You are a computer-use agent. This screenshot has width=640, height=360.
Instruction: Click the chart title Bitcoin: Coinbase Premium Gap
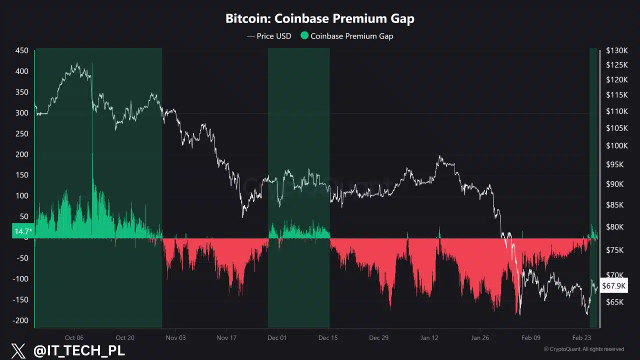click(320, 19)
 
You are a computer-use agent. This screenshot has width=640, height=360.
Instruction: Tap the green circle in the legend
click(304, 35)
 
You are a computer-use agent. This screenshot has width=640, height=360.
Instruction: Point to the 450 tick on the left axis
click(21, 50)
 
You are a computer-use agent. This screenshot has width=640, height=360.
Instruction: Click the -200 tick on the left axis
click(20, 320)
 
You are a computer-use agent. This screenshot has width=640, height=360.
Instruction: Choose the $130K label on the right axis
click(616, 50)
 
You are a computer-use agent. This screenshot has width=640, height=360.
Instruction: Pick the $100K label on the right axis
click(616, 146)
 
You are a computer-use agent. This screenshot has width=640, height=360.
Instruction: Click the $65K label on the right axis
click(614, 302)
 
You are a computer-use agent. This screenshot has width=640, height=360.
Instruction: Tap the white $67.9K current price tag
click(613, 286)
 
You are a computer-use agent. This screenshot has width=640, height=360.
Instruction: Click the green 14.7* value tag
click(23, 231)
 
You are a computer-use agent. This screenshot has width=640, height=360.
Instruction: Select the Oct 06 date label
click(74, 337)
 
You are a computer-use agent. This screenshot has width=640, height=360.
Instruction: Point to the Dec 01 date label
click(277, 337)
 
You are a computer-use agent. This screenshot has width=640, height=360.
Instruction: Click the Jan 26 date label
click(480, 337)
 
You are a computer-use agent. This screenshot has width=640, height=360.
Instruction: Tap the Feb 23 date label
click(581, 337)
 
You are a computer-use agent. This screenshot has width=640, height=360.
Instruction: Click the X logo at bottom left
click(18, 351)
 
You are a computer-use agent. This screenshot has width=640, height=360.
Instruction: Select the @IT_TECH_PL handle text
click(79, 351)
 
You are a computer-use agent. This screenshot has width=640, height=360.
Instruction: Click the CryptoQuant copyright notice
click(583, 349)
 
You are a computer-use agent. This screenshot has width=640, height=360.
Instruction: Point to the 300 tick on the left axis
click(21, 113)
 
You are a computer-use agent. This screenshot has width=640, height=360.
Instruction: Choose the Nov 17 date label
click(226, 337)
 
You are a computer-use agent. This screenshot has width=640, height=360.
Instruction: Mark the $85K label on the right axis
click(614, 205)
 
